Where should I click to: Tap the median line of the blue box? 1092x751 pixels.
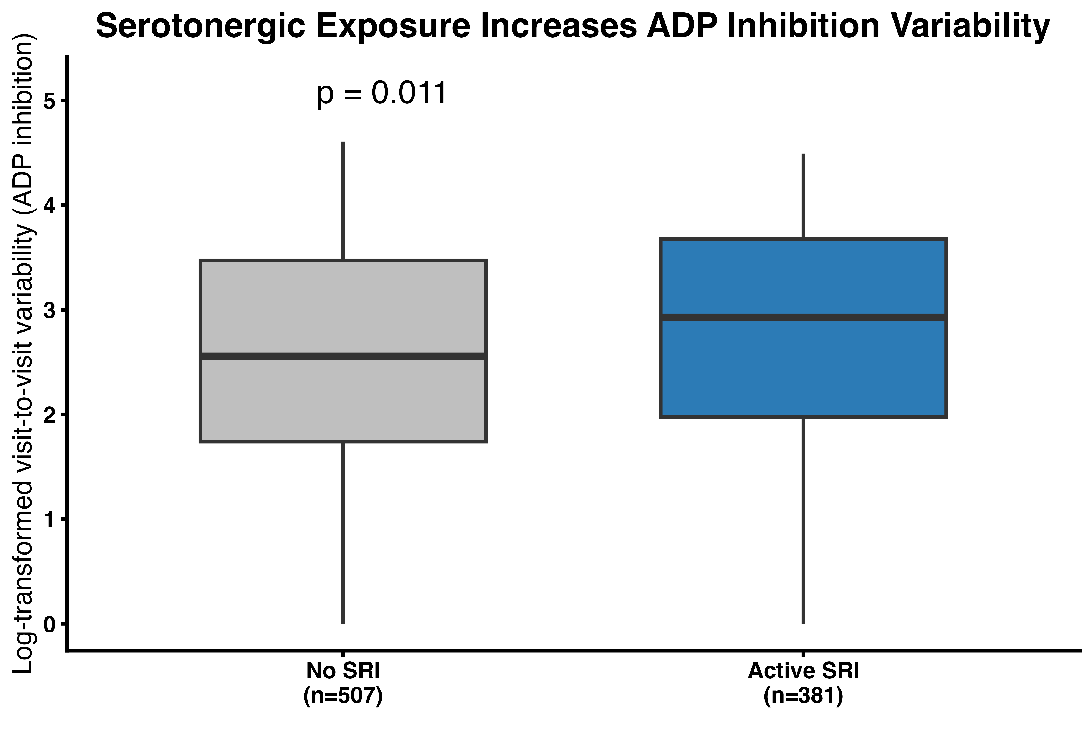803,318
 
